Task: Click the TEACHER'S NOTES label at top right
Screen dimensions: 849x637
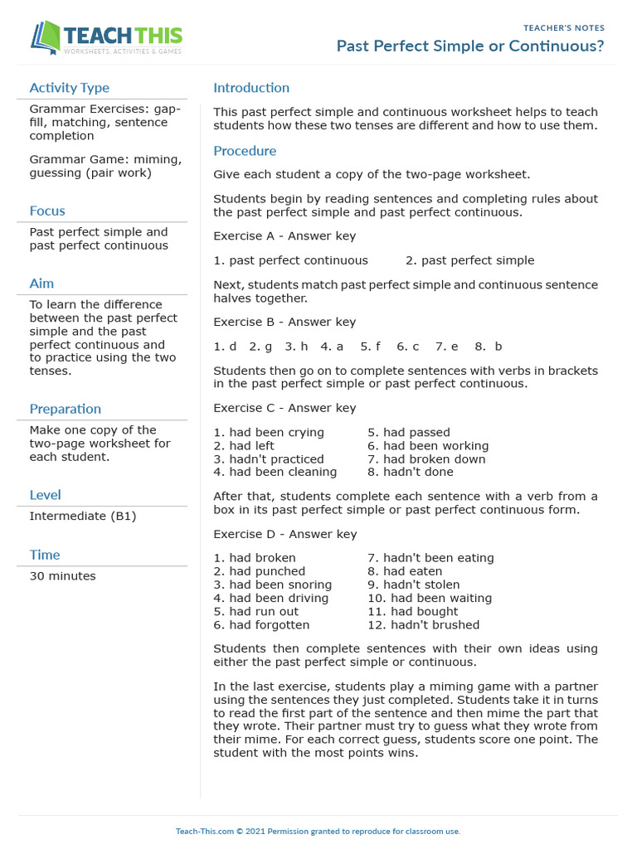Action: point(564,28)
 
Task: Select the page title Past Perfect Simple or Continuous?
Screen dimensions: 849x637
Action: point(470,46)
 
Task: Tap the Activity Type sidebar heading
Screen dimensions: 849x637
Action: point(69,88)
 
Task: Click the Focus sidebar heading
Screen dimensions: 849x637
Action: point(47,211)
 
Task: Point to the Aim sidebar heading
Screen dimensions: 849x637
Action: point(41,284)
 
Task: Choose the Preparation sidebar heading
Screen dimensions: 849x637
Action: point(65,409)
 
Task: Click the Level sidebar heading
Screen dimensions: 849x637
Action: point(45,495)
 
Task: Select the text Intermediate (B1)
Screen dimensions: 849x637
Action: point(83,516)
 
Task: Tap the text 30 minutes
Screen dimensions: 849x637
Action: point(62,576)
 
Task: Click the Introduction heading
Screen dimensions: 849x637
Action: point(251,88)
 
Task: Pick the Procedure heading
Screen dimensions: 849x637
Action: point(245,151)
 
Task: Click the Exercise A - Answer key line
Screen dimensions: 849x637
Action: point(284,236)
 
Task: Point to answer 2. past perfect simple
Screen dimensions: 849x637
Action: point(470,260)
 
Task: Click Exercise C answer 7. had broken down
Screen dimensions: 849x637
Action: point(426,459)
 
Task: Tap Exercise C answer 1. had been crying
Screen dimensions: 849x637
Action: point(269,433)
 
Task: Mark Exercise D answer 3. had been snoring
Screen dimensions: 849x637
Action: point(272,585)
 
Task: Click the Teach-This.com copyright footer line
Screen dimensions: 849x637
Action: point(318,831)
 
